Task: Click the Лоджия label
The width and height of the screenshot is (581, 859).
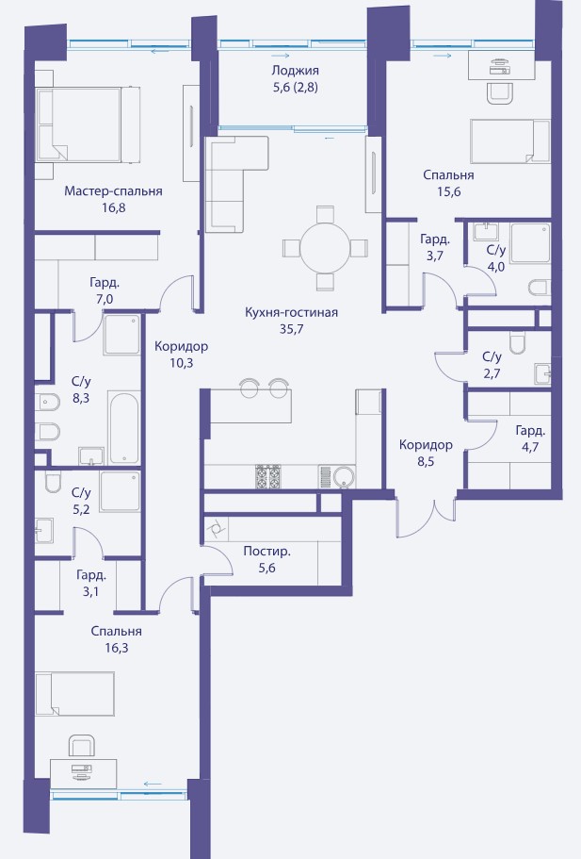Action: coord(296,71)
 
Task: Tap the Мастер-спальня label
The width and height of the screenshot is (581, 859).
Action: coord(113,191)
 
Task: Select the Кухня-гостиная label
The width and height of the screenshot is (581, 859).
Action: coord(291,312)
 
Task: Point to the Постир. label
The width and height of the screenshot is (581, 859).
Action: coord(267,551)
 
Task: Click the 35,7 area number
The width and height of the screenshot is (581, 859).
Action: coord(291,329)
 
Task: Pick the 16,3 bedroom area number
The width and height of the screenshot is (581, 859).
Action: coord(117,648)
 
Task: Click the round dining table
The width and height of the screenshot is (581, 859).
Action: coord(325,248)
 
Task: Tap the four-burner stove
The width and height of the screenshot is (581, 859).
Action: coord(268,476)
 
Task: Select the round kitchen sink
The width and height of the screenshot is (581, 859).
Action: coord(344,476)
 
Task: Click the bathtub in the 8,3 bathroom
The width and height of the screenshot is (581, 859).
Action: coord(124,427)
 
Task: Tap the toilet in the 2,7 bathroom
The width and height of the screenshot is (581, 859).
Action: coord(517,343)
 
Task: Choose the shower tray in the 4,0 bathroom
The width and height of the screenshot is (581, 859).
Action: coord(530,242)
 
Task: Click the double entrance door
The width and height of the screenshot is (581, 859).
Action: coord(427,516)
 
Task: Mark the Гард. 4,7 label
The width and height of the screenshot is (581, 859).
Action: coord(530,438)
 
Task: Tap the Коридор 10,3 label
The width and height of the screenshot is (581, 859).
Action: coord(181,355)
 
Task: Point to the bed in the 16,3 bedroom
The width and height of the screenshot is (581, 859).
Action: coord(75,694)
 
